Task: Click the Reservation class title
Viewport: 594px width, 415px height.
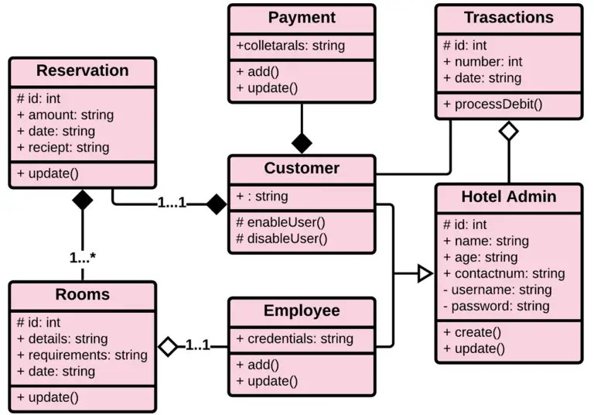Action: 83,70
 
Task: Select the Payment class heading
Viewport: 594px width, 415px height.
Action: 302,17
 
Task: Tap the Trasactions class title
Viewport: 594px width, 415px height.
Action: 508,17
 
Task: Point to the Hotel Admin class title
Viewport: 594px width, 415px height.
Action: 508,197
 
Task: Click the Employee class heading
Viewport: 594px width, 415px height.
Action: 302,310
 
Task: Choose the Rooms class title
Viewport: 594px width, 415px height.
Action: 83,294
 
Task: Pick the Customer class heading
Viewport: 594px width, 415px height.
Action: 302,168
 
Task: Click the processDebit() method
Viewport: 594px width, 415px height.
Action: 493,104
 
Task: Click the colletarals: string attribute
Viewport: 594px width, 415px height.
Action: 290,46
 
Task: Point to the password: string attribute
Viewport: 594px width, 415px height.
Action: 496,306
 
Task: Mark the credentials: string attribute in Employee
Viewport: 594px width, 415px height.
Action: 295,338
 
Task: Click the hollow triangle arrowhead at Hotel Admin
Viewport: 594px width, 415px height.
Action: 423,273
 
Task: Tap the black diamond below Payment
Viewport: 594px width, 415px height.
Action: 302,142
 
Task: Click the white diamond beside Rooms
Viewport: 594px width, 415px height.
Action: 168,346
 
